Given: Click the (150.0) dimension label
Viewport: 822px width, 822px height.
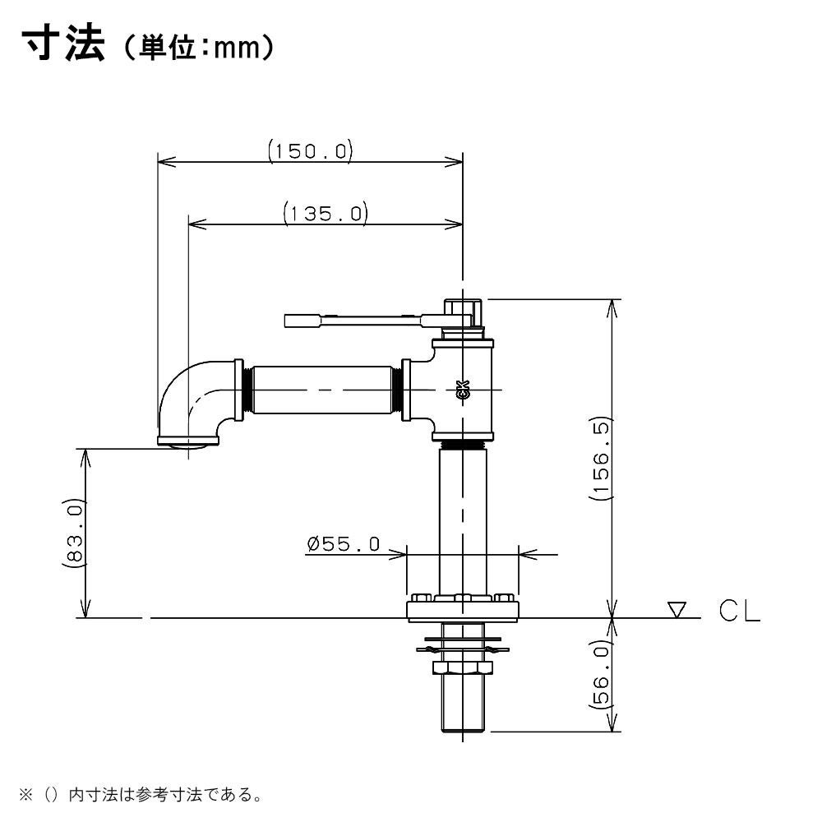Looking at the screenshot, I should [x=310, y=151].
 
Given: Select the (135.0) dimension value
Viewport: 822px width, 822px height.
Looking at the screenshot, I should [x=325, y=214].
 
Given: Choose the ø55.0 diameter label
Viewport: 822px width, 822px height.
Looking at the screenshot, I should [x=343, y=544].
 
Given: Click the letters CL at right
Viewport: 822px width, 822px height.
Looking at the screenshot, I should [x=739, y=612].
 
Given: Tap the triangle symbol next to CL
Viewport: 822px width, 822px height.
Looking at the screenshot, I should [x=677, y=610].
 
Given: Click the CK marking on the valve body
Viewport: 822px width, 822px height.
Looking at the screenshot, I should [x=462, y=390].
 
